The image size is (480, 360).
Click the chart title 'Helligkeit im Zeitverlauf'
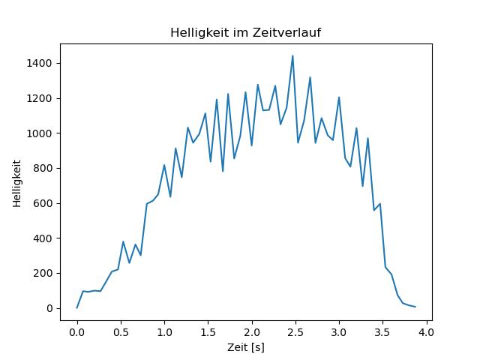(246, 33)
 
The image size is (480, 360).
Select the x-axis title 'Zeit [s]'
(246, 347)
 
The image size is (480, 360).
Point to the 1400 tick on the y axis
(41, 63)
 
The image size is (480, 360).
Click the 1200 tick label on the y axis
(41, 98)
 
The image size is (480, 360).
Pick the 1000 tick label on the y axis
(41, 133)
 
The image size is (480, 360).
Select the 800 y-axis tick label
(44, 168)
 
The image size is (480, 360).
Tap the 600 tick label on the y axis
(44, 203)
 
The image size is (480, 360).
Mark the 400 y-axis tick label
(44, 238)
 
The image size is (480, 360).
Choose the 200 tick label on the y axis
(44, 273)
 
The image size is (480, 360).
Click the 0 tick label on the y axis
(50, 308)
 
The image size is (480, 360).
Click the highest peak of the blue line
(292, 55)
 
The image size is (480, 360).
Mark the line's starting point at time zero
(76, 307)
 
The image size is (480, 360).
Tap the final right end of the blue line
(415, 307)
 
